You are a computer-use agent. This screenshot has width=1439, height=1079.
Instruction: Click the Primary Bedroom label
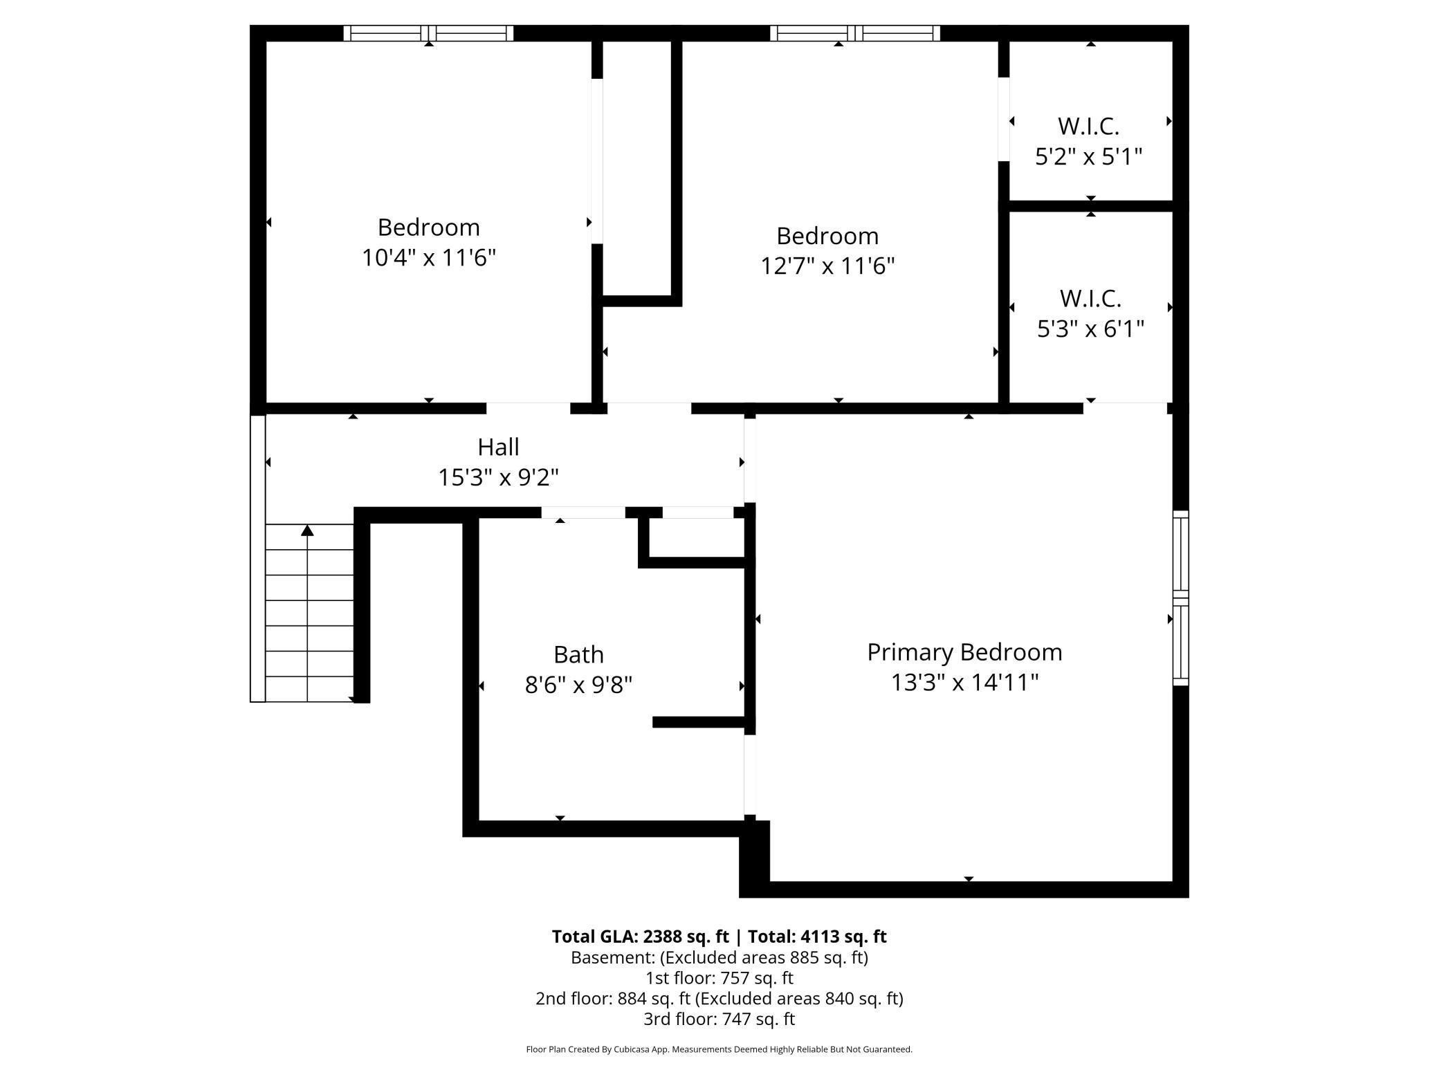coord(964,652)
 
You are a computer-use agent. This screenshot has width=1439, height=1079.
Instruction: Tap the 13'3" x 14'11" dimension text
coord(964,683)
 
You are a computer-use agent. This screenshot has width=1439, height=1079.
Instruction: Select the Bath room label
coord(578,654)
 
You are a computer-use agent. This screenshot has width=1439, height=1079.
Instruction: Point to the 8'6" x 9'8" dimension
coord(578,685)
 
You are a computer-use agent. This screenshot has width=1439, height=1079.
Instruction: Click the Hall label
coord(498,447)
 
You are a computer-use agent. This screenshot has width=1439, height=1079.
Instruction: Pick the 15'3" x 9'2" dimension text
coord(498,477)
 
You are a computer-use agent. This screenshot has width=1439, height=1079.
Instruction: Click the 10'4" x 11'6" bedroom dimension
coord(429,258)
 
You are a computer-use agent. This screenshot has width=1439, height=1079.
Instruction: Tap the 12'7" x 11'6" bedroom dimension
coord(827,266)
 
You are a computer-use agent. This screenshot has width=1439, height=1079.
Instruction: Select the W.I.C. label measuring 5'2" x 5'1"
coord(1088,127)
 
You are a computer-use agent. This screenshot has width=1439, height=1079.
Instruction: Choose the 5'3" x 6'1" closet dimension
coord(1090,329)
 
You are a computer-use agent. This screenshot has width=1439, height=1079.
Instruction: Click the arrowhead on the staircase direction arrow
coord(307,531)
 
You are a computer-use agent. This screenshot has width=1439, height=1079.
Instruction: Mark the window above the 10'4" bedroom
coord(429,33)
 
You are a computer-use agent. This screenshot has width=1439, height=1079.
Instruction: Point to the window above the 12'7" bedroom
coord(855,33)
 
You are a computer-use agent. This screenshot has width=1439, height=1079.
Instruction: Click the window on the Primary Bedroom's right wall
coord(1180,598)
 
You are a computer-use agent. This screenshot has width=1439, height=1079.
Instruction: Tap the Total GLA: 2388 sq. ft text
coord(640,937)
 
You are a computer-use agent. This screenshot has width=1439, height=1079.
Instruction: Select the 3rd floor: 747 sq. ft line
coord(719,1019)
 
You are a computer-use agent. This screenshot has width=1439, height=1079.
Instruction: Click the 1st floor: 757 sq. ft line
coord(719,978)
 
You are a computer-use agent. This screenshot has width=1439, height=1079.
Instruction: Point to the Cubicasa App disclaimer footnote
coord(719,1049)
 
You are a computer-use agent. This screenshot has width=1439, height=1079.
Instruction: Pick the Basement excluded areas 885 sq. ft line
coord(719,957)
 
